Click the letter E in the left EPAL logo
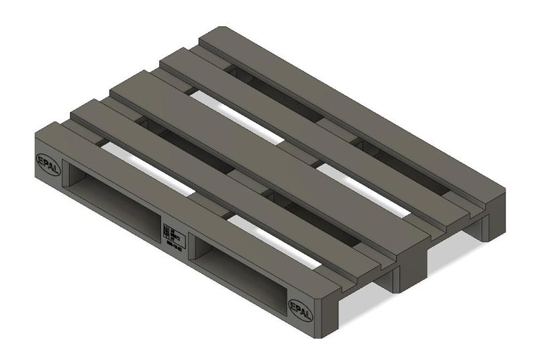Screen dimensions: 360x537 click(40, 159)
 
